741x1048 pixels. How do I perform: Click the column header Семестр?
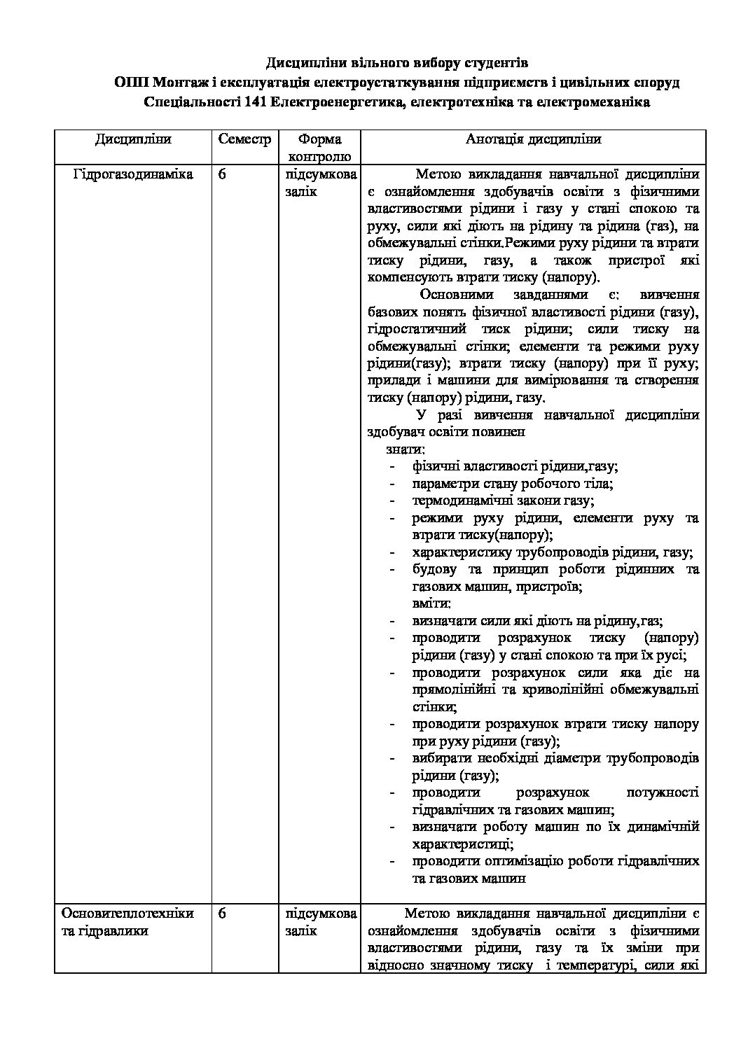point(244,139)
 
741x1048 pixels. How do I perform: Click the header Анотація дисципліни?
point(533,139)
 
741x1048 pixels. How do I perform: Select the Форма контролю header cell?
point(319,148)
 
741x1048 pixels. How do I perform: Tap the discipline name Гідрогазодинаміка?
point(133,174)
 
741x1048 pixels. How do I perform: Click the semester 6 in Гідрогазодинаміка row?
point(222,174)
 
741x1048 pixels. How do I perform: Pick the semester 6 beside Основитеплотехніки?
point(222,914)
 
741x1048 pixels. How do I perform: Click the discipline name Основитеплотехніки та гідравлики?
point(127,922)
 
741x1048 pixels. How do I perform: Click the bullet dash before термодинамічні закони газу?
point(393,501)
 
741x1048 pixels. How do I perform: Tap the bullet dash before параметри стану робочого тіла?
point(393,484)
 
